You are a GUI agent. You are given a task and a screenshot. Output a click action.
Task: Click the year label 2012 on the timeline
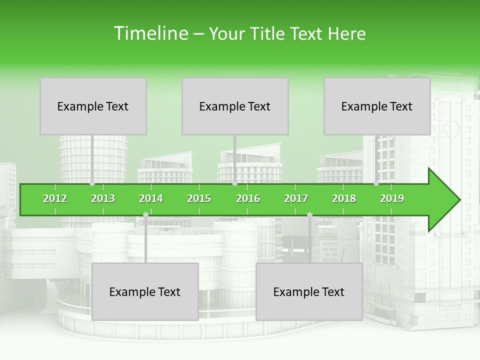tap(55, 198)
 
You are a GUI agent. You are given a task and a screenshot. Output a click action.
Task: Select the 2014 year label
tap(151, 198)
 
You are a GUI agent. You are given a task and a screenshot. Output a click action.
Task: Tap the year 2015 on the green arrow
tap(199, 198)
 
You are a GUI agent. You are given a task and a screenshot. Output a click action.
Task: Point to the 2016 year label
tap(248, 198)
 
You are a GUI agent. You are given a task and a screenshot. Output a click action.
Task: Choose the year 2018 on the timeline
tap(344, 198)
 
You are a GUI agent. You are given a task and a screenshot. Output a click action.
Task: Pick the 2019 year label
tap(392, 198)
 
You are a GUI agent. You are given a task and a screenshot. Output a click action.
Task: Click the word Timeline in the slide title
tap(150, 33)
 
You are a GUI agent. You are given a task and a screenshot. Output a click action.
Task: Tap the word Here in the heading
tap(346, 33)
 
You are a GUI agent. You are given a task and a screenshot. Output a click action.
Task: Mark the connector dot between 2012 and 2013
tap(92, 183)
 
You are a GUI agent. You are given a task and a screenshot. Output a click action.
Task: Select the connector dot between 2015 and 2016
tap(234, 183)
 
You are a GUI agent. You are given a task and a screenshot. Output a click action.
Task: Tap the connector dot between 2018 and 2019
tap(376, 183)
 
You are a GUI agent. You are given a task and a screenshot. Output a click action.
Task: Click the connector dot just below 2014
tap(145, 215)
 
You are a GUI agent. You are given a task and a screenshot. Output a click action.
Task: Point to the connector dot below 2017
tap(309, 215)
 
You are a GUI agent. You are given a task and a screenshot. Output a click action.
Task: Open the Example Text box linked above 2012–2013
tap(93, 106)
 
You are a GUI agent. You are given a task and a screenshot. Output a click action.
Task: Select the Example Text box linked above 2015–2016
tap(235, 106)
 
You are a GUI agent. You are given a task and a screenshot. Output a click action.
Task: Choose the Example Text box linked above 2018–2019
tap(377, 106)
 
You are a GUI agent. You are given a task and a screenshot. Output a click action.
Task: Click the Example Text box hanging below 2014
tap(145, 291)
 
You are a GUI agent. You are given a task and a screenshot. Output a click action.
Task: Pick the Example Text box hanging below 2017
tap(309, 291)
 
